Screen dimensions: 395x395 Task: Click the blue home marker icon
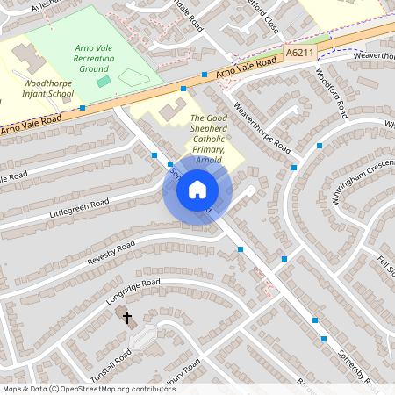tap(197, 189)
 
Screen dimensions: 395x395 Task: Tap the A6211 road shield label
tap(299, 54)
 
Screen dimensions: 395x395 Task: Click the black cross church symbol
tap(126, 317)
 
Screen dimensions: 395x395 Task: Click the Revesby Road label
tap(111, 253)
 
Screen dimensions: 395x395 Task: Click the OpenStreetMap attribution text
tap(89, 388)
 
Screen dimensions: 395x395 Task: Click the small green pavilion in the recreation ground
tap(104, 82)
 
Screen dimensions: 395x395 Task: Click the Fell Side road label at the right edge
tap(385, 264)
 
